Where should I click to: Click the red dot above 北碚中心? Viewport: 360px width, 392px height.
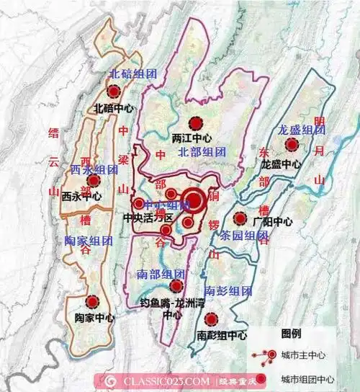(x=114, y=92)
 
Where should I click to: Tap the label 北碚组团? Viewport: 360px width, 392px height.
(x=132, y=73)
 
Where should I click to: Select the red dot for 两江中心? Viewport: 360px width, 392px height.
(x=192, y=122)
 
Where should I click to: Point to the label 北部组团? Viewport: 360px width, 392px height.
(x=202, y=152)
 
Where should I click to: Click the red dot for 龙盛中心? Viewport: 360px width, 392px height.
(x=292, y=146)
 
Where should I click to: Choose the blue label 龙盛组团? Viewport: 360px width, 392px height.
(x=302, y=130)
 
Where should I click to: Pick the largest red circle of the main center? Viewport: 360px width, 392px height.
(x=193, y=201)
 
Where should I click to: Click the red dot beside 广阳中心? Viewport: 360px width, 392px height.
(x=239, y=218)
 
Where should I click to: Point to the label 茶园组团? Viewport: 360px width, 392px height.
(x=244, y=236)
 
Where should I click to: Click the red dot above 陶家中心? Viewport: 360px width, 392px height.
(x=91, y=302)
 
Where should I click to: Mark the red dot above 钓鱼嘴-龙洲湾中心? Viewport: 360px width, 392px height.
(x=176, y=286)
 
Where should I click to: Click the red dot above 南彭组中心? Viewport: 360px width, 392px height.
(x=210, y=319)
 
